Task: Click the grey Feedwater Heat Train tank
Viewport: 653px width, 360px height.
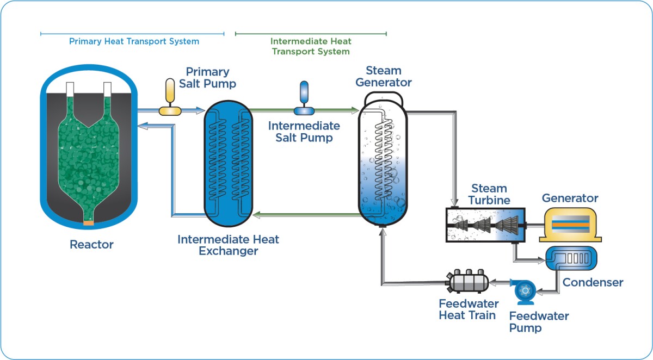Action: click(x=466, y=282)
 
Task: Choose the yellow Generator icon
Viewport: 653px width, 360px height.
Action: click(x=570, y=224)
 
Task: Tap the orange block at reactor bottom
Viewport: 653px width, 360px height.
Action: click(x=89, y=222)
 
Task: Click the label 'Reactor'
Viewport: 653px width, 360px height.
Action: click(x=91, y=245)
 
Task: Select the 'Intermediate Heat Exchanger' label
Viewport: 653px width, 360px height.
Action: click(x=228, y=245)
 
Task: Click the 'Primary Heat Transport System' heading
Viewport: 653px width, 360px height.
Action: click(x=134, y=41)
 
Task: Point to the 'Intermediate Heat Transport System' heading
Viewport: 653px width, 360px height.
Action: click(x=311, y=46)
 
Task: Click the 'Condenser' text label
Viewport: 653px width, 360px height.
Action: click(x=593, y=283)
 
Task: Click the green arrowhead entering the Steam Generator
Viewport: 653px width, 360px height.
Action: click(x=354, y=111)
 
